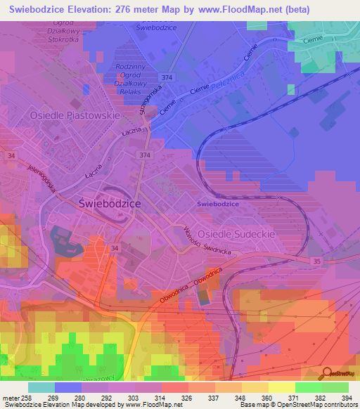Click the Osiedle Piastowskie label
click(75, 115)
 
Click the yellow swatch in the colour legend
click(281, 387)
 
